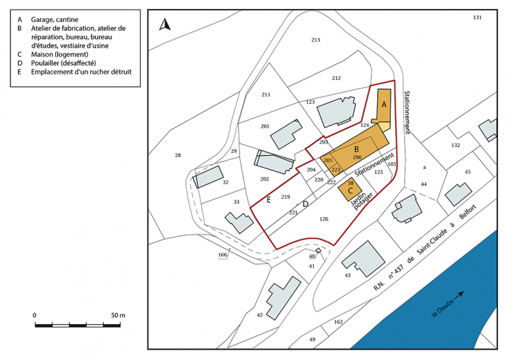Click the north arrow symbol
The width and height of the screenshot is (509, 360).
[x=165, y=26]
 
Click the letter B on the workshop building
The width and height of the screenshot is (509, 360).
[x=356, y=149]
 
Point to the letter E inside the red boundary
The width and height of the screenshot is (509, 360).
[x=268, y=200]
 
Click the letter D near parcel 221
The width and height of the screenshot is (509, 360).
[x=306, y=204]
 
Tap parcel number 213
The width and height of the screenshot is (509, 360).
[x=316, y=40]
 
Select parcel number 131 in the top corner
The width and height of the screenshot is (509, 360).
[x=477, y=17]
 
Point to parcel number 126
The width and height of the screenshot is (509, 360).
[x=323, y=219]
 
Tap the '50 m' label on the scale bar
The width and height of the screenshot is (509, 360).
[x=117, y=315]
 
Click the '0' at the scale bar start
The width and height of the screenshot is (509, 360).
[x=34, y=315]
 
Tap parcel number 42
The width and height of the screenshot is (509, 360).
[x=259, y=314]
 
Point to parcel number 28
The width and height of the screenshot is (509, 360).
[x=178, y=155]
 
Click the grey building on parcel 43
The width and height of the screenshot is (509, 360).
[x=363, y=259]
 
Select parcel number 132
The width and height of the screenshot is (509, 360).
[x=455, y=146]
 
